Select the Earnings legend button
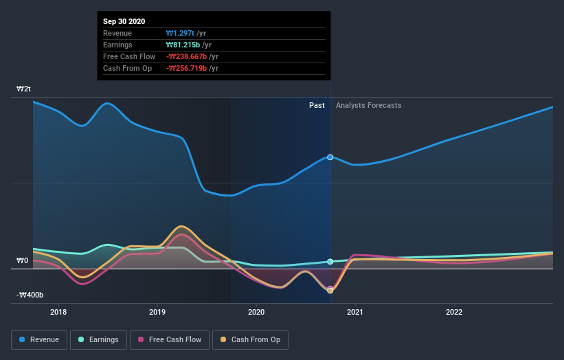[98, 339]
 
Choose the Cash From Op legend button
[250, 339]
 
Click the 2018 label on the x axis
[58, 311]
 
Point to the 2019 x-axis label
[157, 311]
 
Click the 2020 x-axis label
[256, 311]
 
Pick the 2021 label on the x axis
[355, 311]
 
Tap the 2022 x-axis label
[454, 311]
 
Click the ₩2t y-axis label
[24, 89]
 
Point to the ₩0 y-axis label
[23, 261]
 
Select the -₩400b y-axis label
[30, 295]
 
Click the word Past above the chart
[317, 105]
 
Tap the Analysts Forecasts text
[368, 105]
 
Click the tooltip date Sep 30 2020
[125, 22]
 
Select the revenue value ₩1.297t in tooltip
[180, 34]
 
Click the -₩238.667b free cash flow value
[187, 57]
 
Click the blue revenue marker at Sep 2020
[330, 157]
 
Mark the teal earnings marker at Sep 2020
[330, 262]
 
